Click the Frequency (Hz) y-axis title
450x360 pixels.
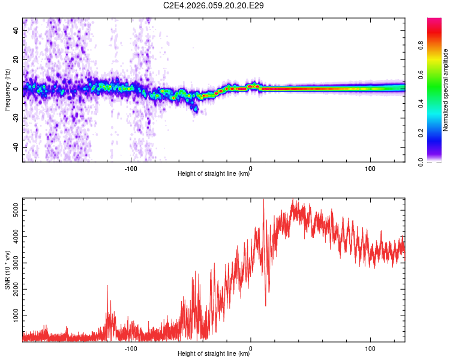7,90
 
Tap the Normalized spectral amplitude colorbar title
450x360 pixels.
446,90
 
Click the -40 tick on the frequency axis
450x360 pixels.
16,147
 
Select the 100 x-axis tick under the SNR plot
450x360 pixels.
370,348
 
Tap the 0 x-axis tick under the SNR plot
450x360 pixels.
251,348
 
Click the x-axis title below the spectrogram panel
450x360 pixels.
214,174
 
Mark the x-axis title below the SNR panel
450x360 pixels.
214,354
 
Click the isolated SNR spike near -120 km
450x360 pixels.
107,287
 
